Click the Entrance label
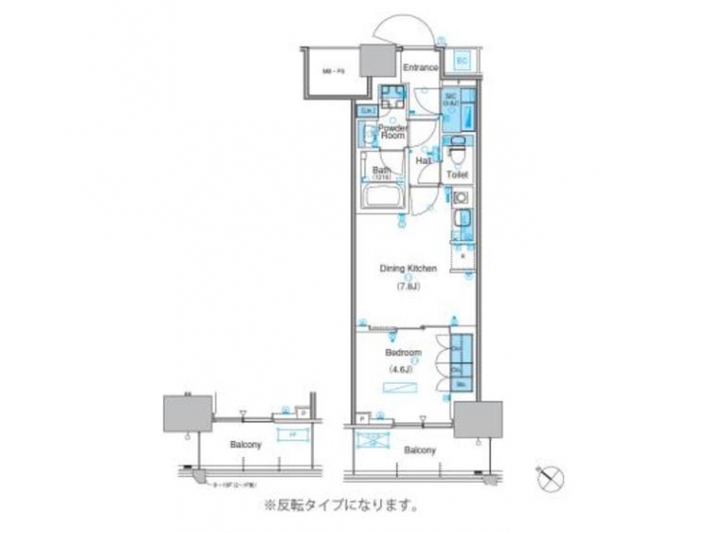pos(421,68)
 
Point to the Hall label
pos(422,160)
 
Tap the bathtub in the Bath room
pos(382,200)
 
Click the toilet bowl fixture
pos(456,154)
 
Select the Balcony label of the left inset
pos(247,446)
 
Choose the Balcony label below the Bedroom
pos(420,450)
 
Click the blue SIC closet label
pos(448,101)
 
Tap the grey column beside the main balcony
pos(477,418)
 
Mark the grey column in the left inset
pos(185,411)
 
